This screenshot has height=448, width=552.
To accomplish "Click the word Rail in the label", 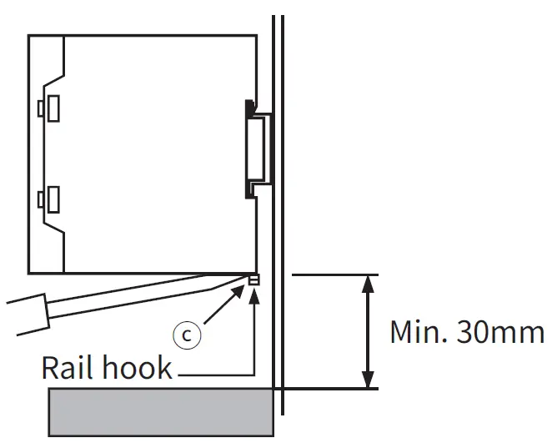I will pyautogui.click(x=70, y=368).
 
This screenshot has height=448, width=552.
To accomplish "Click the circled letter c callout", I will pyautogui.click(x=188, y=335).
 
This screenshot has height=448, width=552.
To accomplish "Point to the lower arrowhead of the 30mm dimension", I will pyautogui.click(x=366, y=380).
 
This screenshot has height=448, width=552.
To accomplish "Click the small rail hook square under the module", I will pyautogui.click(x=253, y=279).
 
